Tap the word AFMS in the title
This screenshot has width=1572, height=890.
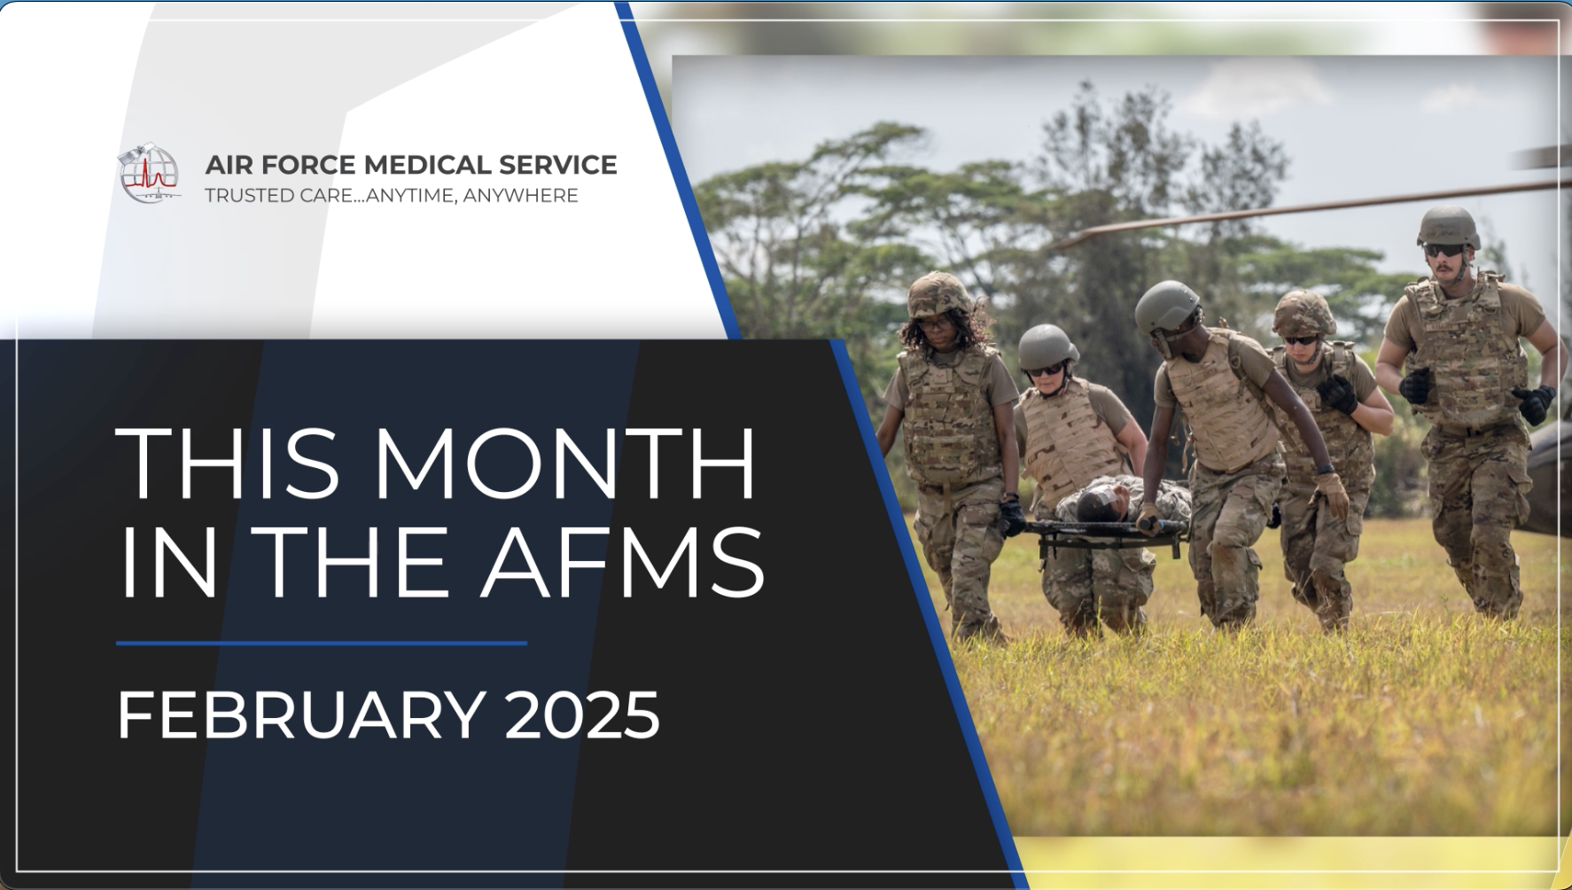[623, 562]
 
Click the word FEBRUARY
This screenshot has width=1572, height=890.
[301, 714]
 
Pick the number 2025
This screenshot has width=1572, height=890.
[582, 714]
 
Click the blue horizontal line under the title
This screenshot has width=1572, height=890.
[322, 644]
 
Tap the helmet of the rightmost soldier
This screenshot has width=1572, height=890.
[1449, 227]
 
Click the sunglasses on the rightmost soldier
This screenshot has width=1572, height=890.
[1444, 251]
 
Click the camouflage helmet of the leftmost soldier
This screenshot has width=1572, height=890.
[939, 293]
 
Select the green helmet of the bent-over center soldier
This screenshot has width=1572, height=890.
[1167, 306]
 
